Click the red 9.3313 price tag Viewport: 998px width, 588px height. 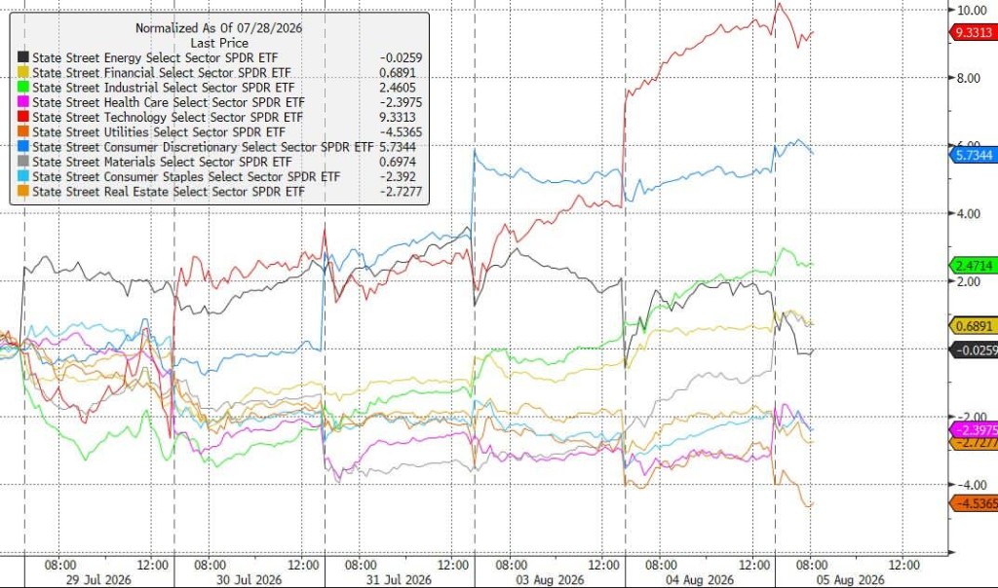click(x=974, y=32)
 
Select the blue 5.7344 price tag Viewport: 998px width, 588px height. click(x=974, y=155)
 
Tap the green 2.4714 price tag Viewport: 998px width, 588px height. click(x=974, y=266)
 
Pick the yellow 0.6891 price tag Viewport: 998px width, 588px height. click(x=974, y=326)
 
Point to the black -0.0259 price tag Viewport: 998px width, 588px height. click(x=974, y=350)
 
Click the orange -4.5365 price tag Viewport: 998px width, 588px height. click(x=974, y=504)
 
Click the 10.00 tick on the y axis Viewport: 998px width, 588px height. click(x=972, y=10)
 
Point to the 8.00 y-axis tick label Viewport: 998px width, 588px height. click(x=968, y=78)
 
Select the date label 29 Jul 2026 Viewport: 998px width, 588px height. click(x=98, y=580)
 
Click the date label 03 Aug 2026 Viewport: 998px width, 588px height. click(x=550, y=580)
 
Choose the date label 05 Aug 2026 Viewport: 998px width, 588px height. click(x=850, y=580)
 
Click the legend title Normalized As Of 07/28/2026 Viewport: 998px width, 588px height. click(x=219, y=28)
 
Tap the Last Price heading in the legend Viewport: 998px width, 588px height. click(x=219, y=43)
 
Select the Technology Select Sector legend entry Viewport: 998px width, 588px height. click(x=168, y=117)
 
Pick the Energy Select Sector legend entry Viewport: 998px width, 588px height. click(x=155, y=57)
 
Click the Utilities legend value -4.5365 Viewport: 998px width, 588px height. click(x=400, y=132)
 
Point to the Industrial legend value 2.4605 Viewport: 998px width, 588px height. click(x=398, y=88)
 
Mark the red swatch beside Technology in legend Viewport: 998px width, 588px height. click(x=23, y=117)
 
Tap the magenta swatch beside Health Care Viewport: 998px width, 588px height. click(x=23, y=102)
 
